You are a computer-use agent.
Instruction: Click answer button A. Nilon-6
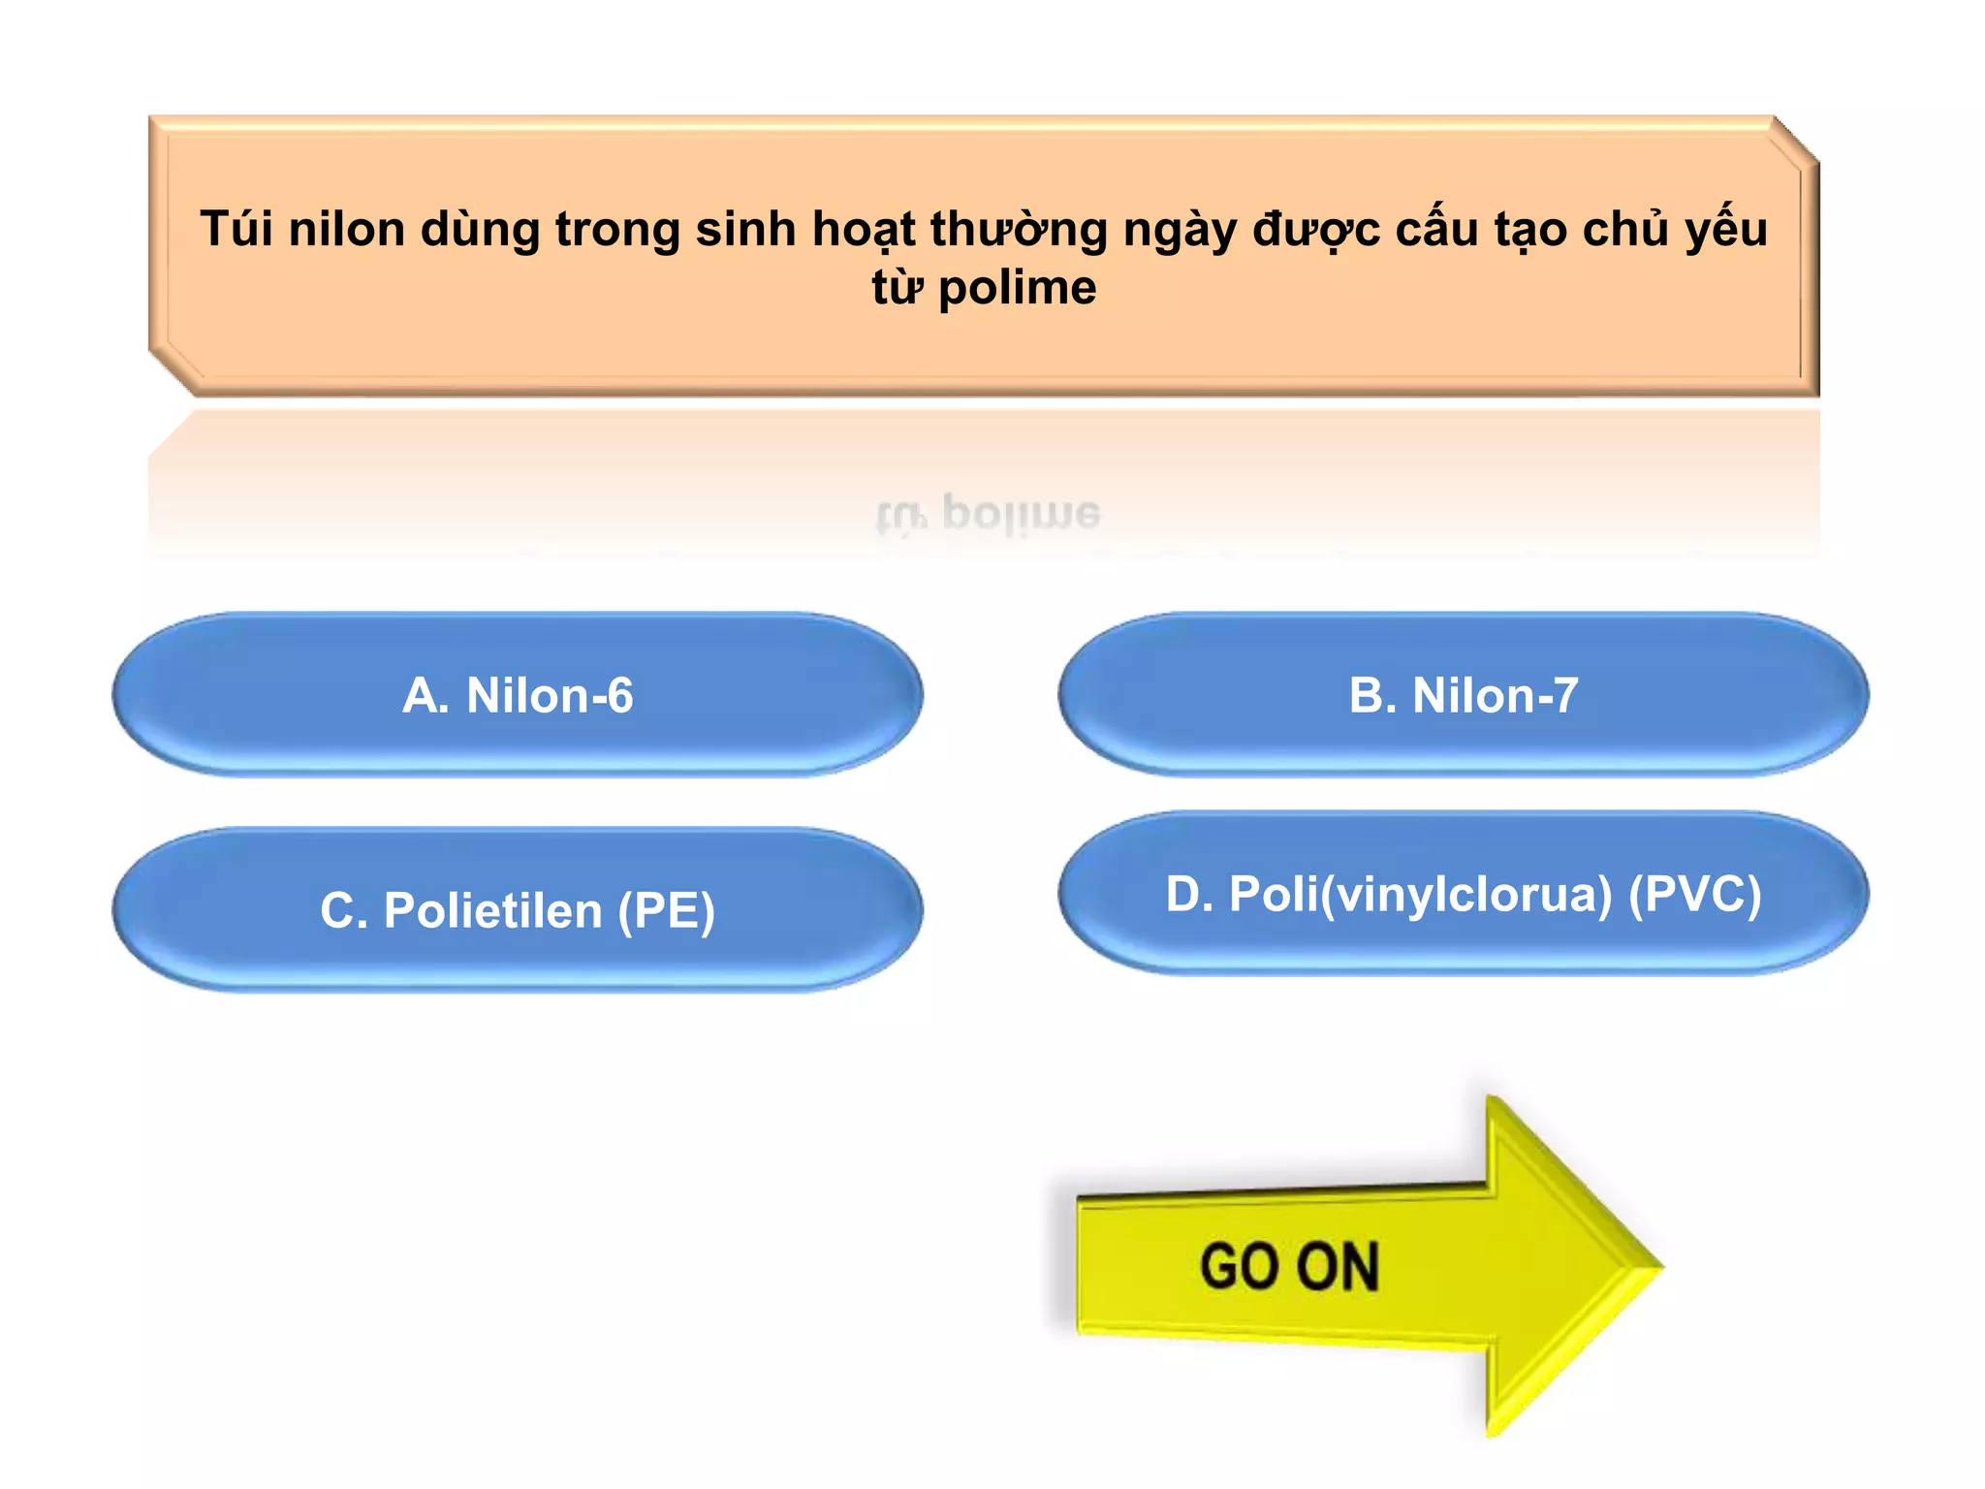tap(518, 695)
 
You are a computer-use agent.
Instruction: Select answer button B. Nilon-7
tap(1464, 695)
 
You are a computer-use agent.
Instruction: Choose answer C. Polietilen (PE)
tap(518, 910)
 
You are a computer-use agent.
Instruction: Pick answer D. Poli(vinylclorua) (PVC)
tap(1464, 893)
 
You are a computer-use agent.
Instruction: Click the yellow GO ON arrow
tap(1357, 1266)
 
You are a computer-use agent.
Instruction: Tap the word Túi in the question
tap(236, 230)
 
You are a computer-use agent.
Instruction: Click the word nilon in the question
tap(346, 230)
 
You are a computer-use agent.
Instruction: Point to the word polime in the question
tap(1018, 288)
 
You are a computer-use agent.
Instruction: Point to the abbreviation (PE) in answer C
tap(667, 911)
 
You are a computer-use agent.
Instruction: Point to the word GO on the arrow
tap(1240, 1266)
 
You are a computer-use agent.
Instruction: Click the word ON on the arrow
tap(1338, 1266)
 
